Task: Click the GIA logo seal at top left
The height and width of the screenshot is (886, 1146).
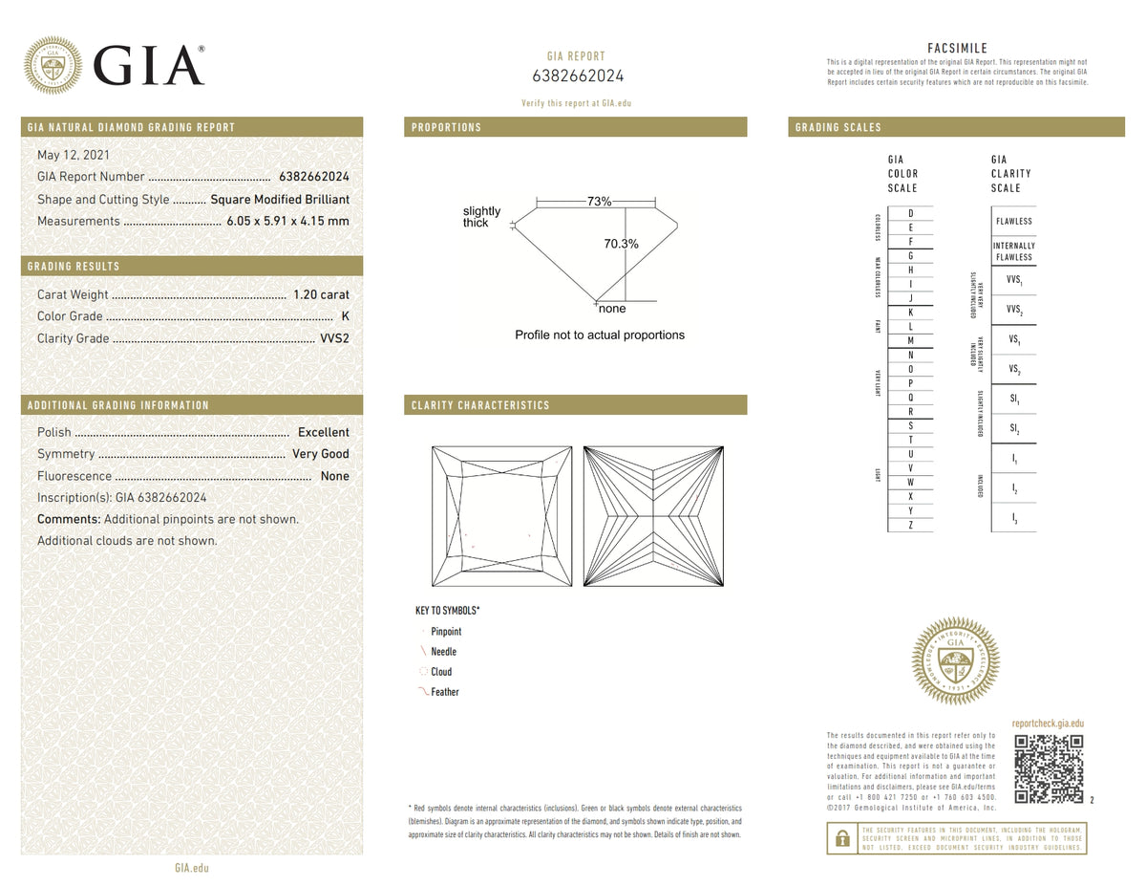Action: tap(53, 66)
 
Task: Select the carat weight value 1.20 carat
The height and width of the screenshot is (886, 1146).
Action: tap(321, 294)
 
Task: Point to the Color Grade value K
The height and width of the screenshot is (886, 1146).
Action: tap(345, 316)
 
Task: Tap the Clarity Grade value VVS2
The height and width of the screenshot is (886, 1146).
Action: tap(333, 338)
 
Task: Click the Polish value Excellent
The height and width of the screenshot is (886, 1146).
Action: tap(324, 432)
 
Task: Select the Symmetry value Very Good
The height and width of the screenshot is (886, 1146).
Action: tap(321, 454)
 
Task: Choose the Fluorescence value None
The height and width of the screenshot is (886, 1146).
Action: tap(335, 476)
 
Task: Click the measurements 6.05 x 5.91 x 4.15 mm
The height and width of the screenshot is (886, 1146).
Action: tap(287, 221)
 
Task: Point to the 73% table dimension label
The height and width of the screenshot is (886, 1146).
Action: tap(599, 202)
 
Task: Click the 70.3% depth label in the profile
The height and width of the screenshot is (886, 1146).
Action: tap(621, 244)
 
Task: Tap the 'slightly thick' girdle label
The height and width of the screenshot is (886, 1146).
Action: tap(481, 217)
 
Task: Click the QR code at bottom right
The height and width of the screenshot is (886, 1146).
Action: tap(1048, 768)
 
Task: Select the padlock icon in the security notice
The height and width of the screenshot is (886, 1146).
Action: tap(841, 838)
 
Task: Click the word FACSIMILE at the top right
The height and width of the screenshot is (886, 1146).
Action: tap(957, 49)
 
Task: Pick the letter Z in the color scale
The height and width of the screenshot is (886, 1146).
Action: tap(910, 525)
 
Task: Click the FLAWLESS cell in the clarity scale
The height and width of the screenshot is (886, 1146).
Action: tap(1013, 221)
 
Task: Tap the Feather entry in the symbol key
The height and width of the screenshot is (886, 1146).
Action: tap(444, 692)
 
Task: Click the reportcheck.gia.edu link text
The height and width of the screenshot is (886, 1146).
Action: tap(1047, 724)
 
